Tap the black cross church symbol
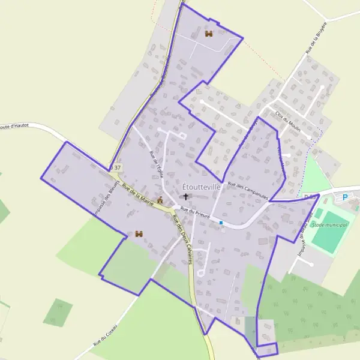pos(185,196)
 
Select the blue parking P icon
pos(345,197)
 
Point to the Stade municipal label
pos(330,224)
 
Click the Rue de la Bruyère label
pos(316,38)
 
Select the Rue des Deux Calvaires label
pos(181,240)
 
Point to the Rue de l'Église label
pos(155,160)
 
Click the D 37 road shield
pos(116,167)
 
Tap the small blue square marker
pos(221,223)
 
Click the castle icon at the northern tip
pos(209,34)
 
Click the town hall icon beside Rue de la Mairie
pos(160,200)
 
